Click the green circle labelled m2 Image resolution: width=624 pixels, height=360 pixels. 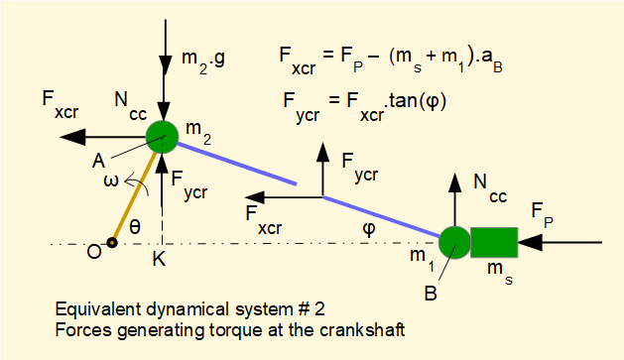[162, 137]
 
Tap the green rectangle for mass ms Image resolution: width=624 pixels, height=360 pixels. [494, 242]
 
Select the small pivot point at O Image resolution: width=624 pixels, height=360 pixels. [114, 241]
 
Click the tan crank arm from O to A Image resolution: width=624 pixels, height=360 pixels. [137, 190]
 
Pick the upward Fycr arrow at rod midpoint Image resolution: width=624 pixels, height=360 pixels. [323, 169]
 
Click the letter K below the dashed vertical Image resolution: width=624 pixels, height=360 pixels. [159, 260]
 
